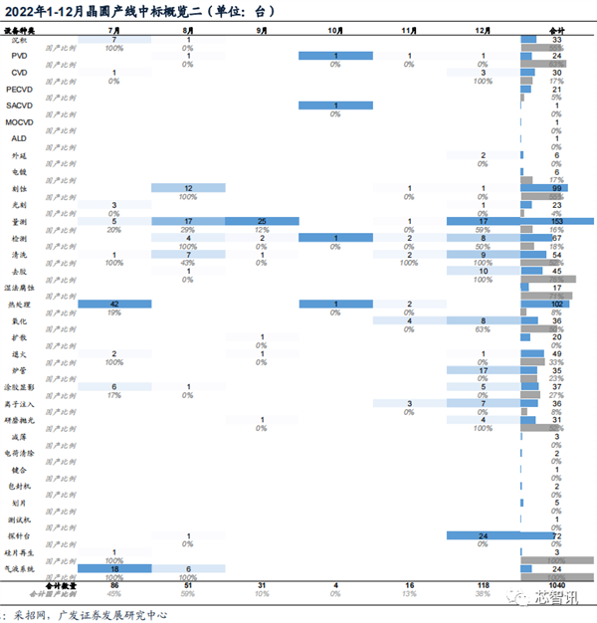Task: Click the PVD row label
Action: pos(20,57)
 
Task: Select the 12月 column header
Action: pos(483,31)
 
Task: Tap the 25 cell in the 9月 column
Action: pos(262,221)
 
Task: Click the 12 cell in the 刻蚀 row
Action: pos(188,188)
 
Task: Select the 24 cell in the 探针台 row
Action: pos(483,535)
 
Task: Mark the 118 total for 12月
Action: pos(483,585)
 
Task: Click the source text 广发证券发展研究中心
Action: pos(120,613)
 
